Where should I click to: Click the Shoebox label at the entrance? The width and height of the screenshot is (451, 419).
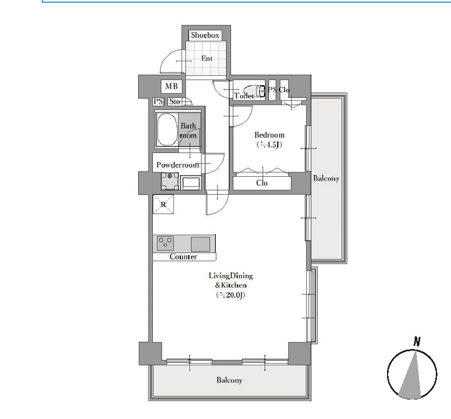point(205,35)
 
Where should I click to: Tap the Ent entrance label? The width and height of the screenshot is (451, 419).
point(207,59)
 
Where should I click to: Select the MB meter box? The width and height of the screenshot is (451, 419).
point(171,86)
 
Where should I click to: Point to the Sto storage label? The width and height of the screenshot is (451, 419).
point(175,101)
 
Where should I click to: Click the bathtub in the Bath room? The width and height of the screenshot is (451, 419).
point(167,130)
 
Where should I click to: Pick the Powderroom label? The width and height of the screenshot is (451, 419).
point(177,165)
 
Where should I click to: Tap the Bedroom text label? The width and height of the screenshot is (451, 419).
point(269,135)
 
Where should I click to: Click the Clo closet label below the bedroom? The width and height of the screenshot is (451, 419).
point(262,183)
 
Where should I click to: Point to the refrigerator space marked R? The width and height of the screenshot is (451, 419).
point(163,204)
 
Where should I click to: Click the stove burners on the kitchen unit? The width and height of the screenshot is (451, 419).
point(165,243)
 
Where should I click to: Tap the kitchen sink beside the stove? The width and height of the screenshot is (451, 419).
point(201,244)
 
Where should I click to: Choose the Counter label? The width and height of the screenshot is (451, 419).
point(183,256)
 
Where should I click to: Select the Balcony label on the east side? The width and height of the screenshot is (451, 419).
point(326,178)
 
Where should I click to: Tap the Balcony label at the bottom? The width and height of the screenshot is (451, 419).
point(229,380)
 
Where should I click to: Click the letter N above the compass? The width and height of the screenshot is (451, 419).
point(417,341)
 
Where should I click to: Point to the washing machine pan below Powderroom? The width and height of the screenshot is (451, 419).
point(170,181)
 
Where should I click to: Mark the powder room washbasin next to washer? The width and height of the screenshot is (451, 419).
point(191,183)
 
